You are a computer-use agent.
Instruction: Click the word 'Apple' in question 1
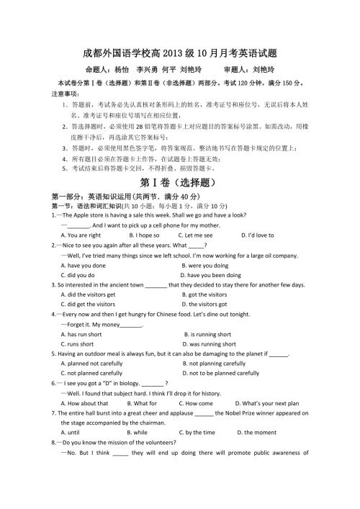(78, 215)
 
